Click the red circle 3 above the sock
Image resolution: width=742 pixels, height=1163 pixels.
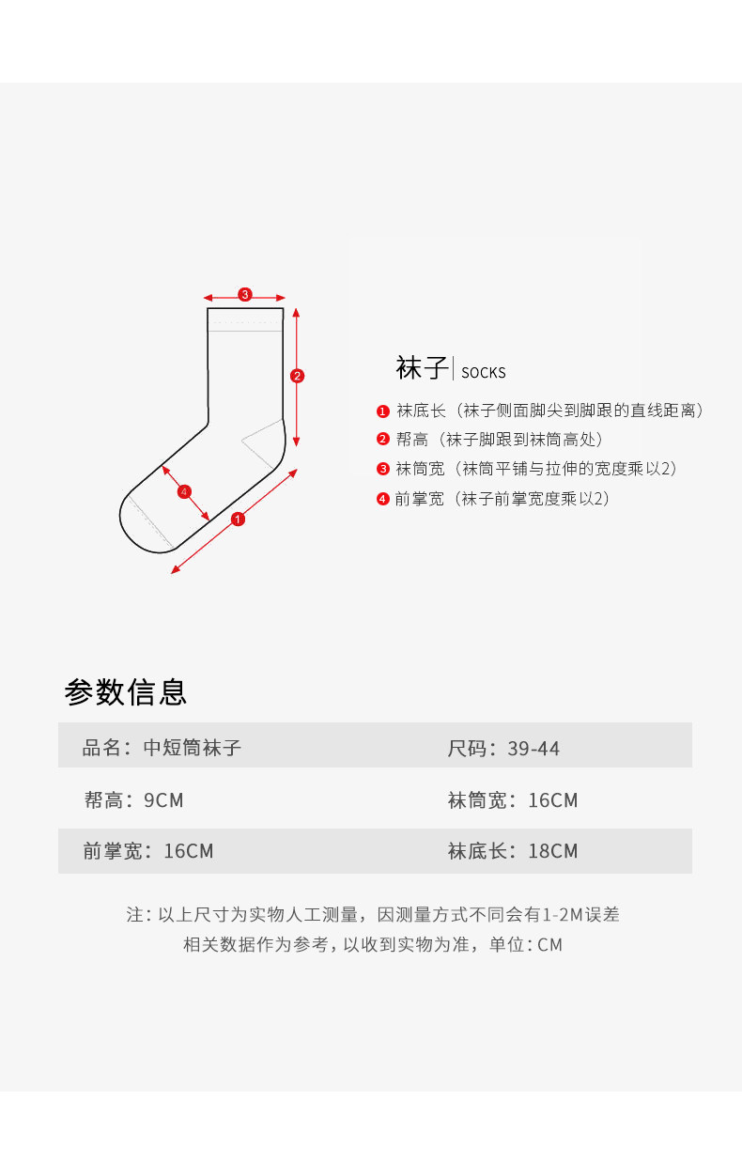(x=245, y=295)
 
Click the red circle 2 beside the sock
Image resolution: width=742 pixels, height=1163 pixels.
(x=297, y=377)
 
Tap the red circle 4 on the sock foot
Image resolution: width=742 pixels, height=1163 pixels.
(x=184, y=491)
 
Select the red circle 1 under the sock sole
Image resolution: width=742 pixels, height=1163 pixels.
(x=238, y=519)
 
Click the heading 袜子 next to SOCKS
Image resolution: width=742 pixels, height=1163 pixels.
(x=422, y=368)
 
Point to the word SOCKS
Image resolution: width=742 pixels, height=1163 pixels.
(x=483, y=373)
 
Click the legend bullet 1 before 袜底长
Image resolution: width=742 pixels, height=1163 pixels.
(x=383, y=411)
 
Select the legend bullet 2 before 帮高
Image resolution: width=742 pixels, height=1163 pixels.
(x=383, y=440)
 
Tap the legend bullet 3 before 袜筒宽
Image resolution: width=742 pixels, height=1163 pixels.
(x=383, y=469)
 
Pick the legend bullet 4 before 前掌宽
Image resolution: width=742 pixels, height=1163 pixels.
(x=383, y=499)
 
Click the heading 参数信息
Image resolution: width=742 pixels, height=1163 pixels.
(x=126, y=691)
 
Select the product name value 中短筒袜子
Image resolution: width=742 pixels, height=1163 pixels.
(x=193, y=748)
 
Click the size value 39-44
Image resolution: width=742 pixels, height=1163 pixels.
(x=533, y=749)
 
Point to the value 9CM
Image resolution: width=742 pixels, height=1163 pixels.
(x=163, y=800)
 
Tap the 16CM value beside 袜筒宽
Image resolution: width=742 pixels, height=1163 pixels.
(x=553, y=800)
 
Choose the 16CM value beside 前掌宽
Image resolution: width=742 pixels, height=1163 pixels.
(x=189, y=851)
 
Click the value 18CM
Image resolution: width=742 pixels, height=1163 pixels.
(x=553, y=851)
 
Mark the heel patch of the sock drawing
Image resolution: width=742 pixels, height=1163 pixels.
(x=267, y=442)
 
